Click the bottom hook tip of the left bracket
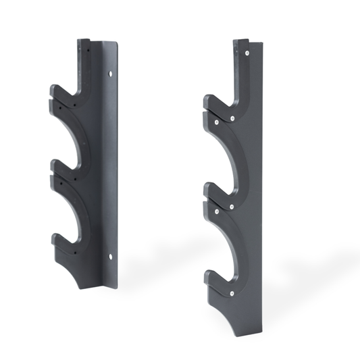54,238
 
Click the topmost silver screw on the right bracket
249,51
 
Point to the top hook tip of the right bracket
208,101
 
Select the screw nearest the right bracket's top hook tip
215,123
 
